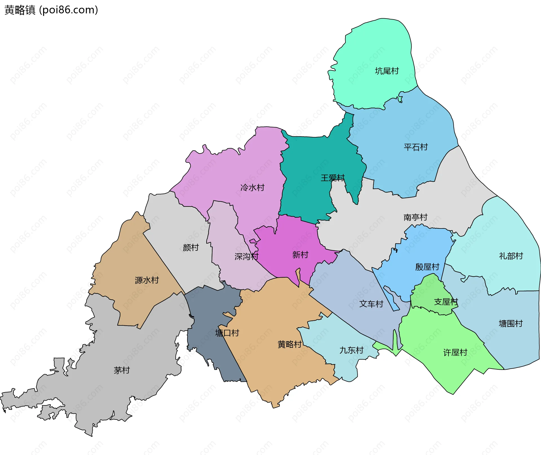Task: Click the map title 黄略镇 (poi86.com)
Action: [x=51, y=10]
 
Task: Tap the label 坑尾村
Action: [x=387, y=71]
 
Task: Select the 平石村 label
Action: [x=416, y=147]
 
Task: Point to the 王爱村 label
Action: [x=332, y=178]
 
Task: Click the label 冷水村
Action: [x=252, y=188]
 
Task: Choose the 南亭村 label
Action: [x=415, y=217]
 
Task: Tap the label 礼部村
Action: [x=511, y=256]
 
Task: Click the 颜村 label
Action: [x=191, y=248]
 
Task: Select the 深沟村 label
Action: [x=246, y=256]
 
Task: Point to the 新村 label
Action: [x=300, y=255]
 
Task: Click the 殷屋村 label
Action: [x=427, y=267]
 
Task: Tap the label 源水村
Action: [x=147, y=280]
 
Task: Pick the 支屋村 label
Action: [x=446, y=302]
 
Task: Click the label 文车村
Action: [x=371, y=304]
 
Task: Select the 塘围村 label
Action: [x=511, y=323]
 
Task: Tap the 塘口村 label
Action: [x=227, y=333]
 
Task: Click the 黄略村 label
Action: [x=289, y=344]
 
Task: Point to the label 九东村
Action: [x=351, y=350]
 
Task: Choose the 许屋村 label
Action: [x=455, y=352]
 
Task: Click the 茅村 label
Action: [x=122, y=370]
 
